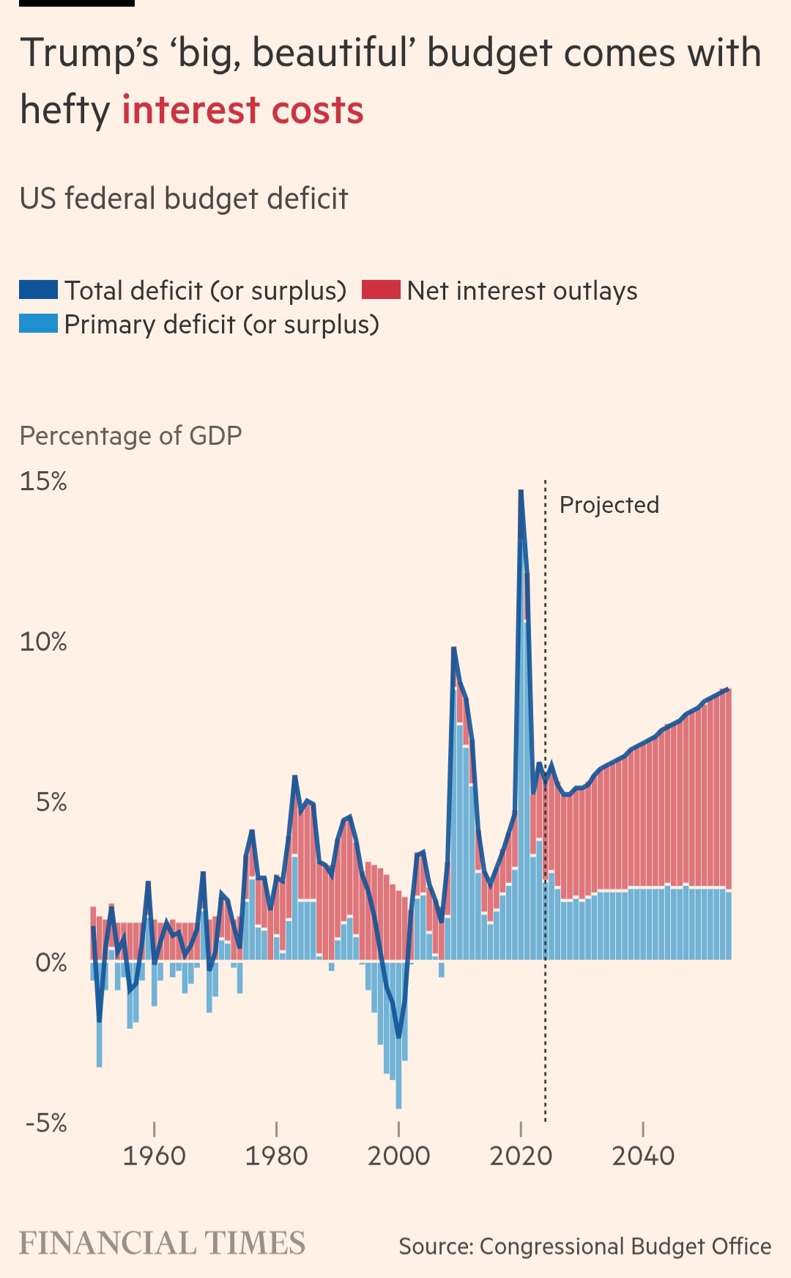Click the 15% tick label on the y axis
click(43, 481)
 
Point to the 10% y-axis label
click(43, 642)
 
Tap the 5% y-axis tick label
click(51, 802)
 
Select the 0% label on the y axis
click(51, 962)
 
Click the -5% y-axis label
click(46, 1123)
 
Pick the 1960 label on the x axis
click(154, 1156)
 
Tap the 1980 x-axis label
click(276, 1156)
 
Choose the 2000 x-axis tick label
click(398, 1156)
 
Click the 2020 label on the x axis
click(521, 1156)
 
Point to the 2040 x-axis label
click(643, 1156)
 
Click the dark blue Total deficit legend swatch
click(38, 290)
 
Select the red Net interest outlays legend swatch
click(381, 290)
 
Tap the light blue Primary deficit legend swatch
click(38, 324)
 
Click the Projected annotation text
click(609, 505)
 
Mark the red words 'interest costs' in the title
click(242, 111)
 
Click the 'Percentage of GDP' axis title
click(130, 436)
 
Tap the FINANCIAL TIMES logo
click(162, 1244)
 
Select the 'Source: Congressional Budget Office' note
click(584, 1246)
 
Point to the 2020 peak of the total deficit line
click(521, 490)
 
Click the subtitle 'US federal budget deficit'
click(184, 199)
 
